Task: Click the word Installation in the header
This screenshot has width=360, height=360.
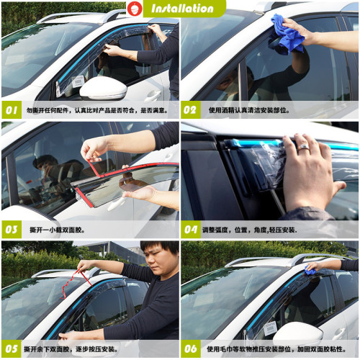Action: pos(182,9)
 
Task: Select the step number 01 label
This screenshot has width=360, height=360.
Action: pos(13,110)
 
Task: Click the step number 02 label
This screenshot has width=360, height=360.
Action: pos(191,110)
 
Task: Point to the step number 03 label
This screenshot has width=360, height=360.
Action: pos(13,230)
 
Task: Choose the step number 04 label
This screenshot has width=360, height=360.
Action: pos(191,230)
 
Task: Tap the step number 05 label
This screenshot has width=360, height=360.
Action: pos(13,348)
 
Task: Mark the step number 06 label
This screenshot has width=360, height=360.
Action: pos(191,348)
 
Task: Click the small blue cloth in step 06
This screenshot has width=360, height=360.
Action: pos(310,270)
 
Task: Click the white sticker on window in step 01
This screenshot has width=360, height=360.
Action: pos(77,82)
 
